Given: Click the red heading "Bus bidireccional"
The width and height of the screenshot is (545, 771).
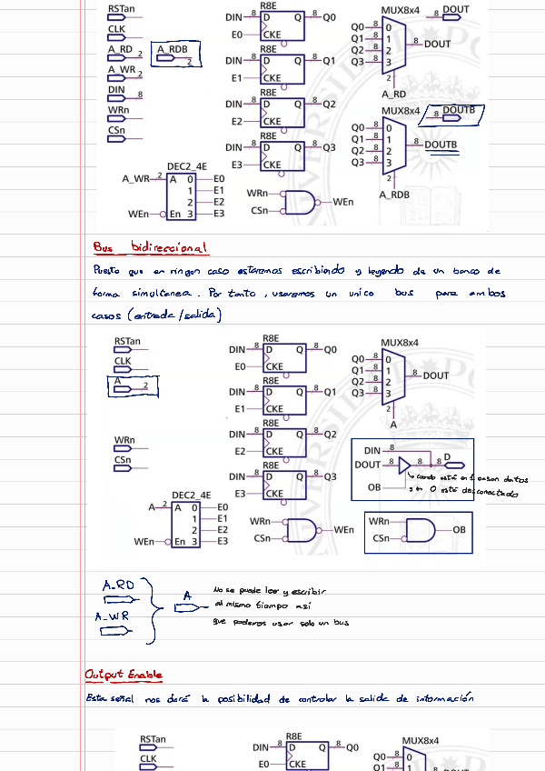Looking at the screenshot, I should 150,247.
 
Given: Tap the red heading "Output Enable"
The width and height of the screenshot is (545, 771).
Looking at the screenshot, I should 124,675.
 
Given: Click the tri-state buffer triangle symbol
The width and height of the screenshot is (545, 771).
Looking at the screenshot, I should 404,466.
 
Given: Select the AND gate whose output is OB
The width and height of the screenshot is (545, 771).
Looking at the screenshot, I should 419,529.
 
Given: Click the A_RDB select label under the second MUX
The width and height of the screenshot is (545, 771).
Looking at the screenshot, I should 393,195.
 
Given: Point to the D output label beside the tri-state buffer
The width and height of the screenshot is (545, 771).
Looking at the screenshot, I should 445,456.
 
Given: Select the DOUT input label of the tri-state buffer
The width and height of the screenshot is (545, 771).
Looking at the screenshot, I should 367,465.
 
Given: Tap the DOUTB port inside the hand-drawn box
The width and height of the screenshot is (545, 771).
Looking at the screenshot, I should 458,111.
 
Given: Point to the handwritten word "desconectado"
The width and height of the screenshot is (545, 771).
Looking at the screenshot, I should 490,494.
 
